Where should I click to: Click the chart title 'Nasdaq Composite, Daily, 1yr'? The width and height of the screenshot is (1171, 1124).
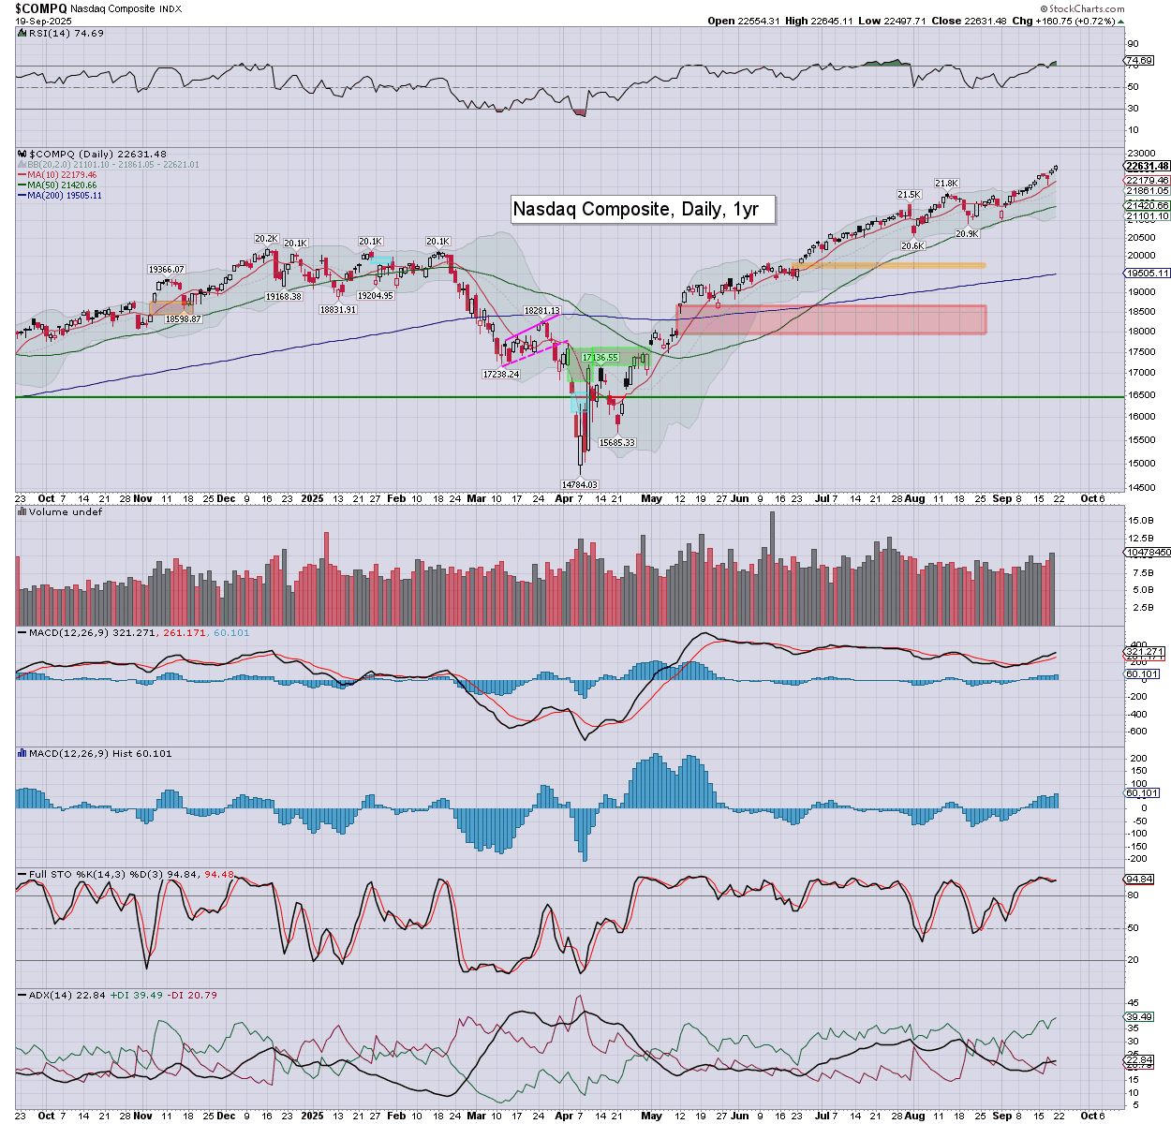click(643, 209)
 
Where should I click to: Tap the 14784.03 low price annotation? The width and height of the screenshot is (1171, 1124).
click(579, 484)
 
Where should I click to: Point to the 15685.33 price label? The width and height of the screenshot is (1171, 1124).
click(617, 443)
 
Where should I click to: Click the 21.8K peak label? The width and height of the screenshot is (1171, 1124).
click(946, 184)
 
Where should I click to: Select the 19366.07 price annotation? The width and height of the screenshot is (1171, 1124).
click(167, 270)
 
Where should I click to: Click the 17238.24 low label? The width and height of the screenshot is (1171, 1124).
click(500, 374)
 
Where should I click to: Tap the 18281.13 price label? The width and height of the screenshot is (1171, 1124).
click(541, 311)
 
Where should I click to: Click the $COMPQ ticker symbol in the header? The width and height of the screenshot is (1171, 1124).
click(39, 7)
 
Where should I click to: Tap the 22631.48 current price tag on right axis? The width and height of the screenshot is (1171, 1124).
click(1147, 167)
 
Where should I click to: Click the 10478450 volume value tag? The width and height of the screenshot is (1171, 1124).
click(1148, 553)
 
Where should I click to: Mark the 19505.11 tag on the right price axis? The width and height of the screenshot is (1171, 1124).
click(1147, 274)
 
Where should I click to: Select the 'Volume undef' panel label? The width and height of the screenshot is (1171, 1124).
click(65, 512)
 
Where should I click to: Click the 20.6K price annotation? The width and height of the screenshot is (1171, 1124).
click(912, 246)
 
